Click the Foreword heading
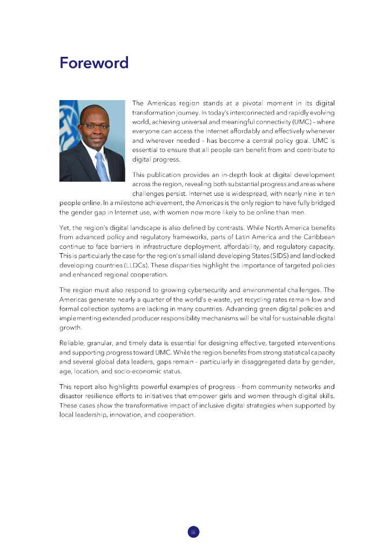[x=94, y=63]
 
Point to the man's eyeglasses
[x=94, y=126]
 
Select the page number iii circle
[x=193, y=532]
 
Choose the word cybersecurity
[x=201, y=289]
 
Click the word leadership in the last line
[x=90, y=415]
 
